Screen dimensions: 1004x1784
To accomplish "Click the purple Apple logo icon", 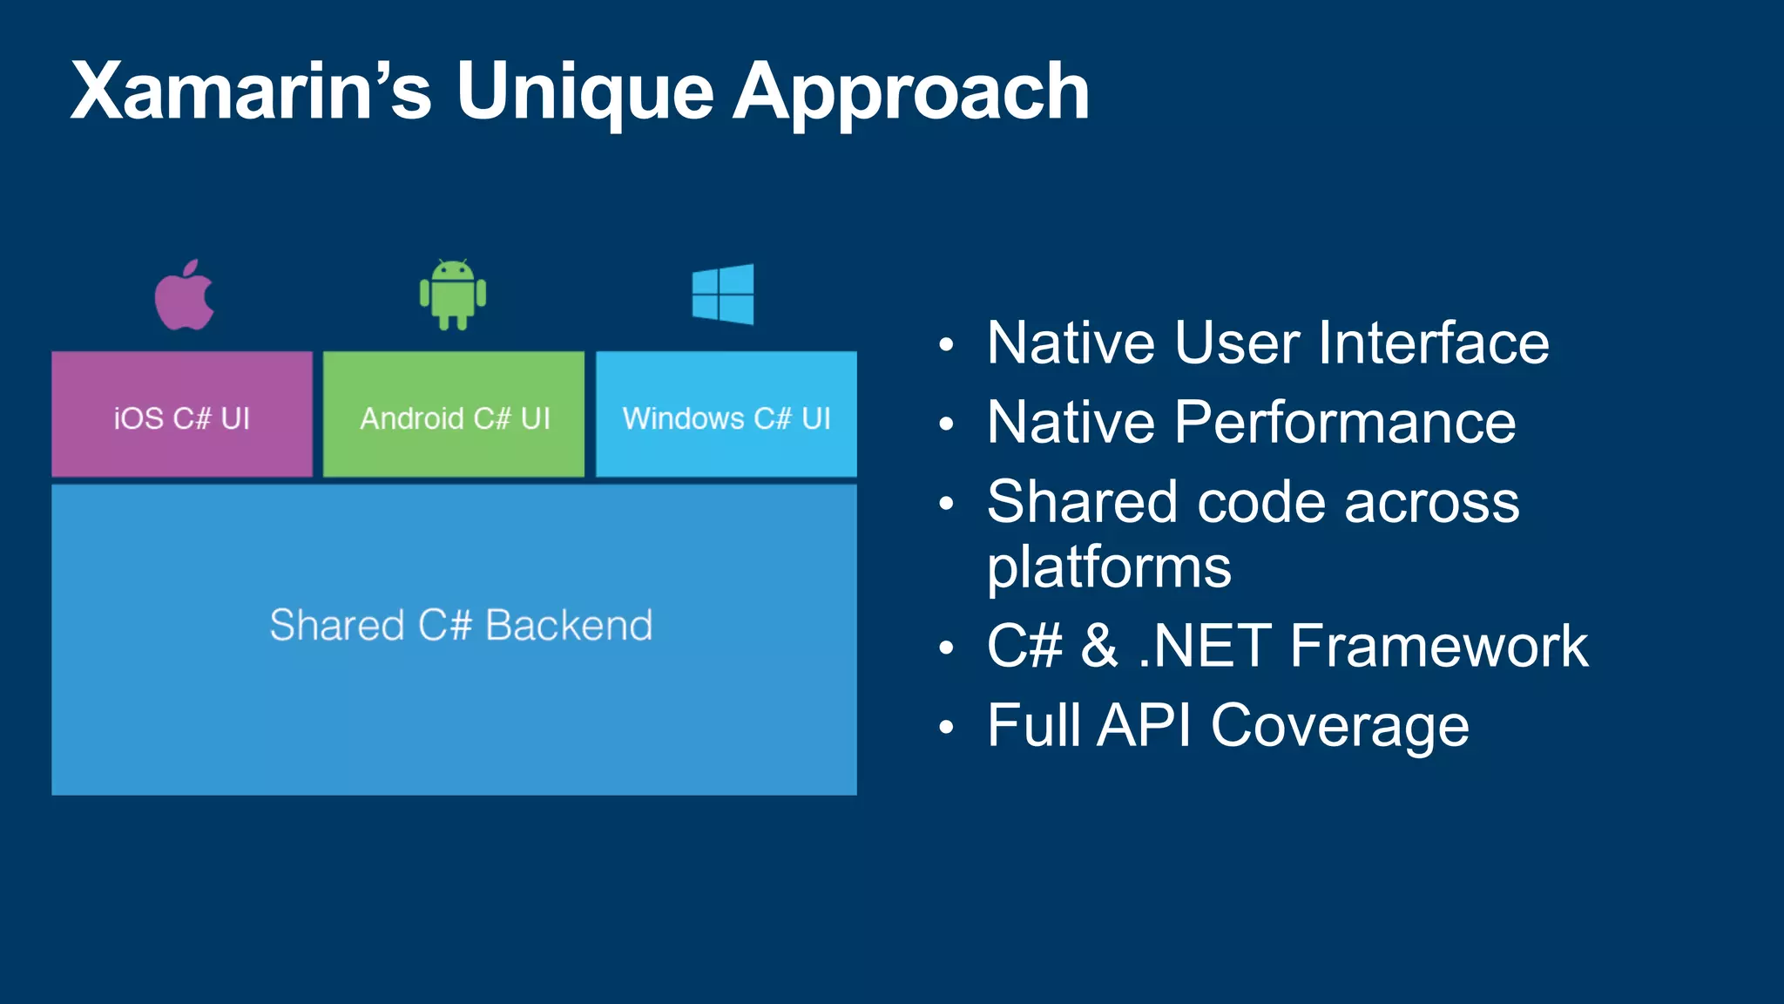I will point(184,297).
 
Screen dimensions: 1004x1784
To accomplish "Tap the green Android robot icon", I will point(453,295).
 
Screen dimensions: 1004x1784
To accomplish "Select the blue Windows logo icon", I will point(723,295).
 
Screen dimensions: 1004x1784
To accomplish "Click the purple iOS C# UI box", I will point(182,416).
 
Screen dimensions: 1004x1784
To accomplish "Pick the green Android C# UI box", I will point(454,416).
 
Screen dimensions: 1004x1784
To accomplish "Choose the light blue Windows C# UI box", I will point(726,416).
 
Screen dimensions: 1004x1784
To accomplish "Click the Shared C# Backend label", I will point(461,625).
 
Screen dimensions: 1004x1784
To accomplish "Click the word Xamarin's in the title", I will point(251,92).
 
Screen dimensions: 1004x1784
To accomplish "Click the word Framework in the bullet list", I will point(1439,646).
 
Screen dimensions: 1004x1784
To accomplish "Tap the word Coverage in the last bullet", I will point(1340,726).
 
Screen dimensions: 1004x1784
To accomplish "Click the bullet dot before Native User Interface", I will point(947,345).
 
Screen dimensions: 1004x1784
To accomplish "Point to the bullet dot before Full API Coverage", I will point(947,728).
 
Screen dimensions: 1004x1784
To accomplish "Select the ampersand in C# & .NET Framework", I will point(1099,646).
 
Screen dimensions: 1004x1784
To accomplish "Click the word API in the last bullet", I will point(1143,725).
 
